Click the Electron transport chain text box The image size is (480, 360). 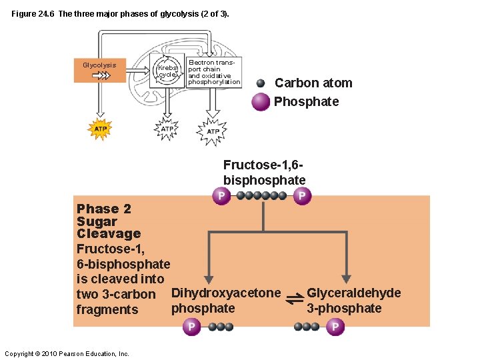213,72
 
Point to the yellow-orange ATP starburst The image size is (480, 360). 99,128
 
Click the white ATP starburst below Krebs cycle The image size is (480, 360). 167,129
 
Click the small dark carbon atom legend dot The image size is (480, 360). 261,83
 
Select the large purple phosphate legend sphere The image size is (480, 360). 261,102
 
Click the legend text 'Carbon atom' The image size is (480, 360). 313,83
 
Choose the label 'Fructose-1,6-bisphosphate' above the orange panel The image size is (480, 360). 264,172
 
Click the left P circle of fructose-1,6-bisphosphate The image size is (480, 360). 221,195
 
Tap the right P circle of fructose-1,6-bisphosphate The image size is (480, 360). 302,195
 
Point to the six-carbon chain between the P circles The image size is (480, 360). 261,196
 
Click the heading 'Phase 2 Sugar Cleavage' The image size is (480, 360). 109,221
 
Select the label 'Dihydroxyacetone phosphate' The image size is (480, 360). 226,301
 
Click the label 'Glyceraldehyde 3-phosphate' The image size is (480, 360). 353,301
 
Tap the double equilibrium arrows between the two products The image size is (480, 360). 294,301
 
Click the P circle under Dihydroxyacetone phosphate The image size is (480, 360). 191,327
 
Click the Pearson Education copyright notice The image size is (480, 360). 67,353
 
